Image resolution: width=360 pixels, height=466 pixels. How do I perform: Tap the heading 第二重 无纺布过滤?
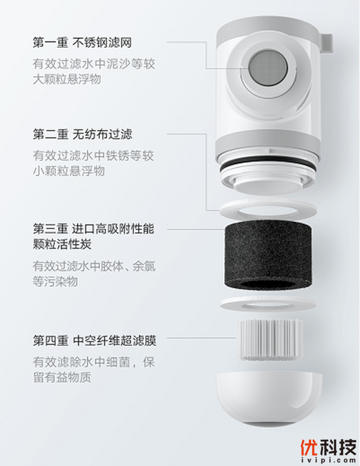coord(83,135)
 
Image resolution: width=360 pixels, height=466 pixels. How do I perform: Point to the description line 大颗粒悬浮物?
coord(67,79)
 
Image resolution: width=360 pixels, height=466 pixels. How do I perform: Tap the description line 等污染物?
coord(55,281)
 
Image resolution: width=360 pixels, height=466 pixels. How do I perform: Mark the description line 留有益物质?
coord(62,377)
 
